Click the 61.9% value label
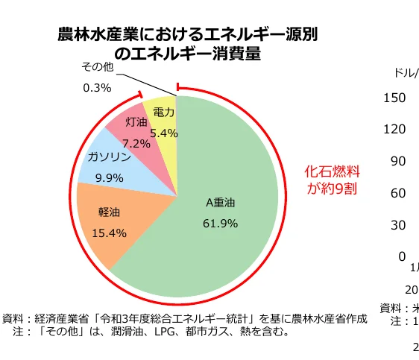[x=220, y=223]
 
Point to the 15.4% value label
[x=109, y=233]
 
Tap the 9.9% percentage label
[x=109, y=177]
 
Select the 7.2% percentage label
[x=136, y=143]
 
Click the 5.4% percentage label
[x=164, y=133]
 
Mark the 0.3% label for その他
[x=97, y=87]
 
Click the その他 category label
[x=98, y=67]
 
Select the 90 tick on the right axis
[x=398, y=161]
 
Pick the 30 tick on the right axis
[x=398, y=224]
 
